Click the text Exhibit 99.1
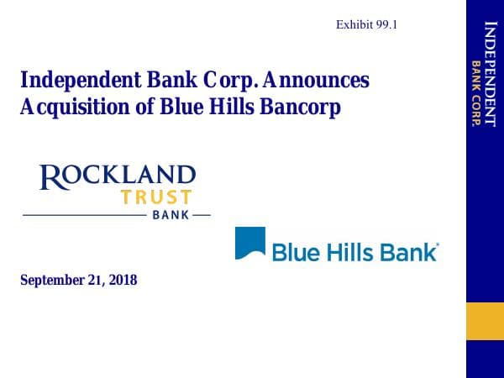(x=366, y=24)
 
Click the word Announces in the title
(x=320, y=81)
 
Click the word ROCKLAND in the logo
(x=118, y=176)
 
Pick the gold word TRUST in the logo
(x=155, y=198)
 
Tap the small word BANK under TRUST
(x=171, y=215)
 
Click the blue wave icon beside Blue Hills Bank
(x=249, y=243)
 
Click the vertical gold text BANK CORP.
(x=475, y=93)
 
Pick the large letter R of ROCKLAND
(x=50, y=177)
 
